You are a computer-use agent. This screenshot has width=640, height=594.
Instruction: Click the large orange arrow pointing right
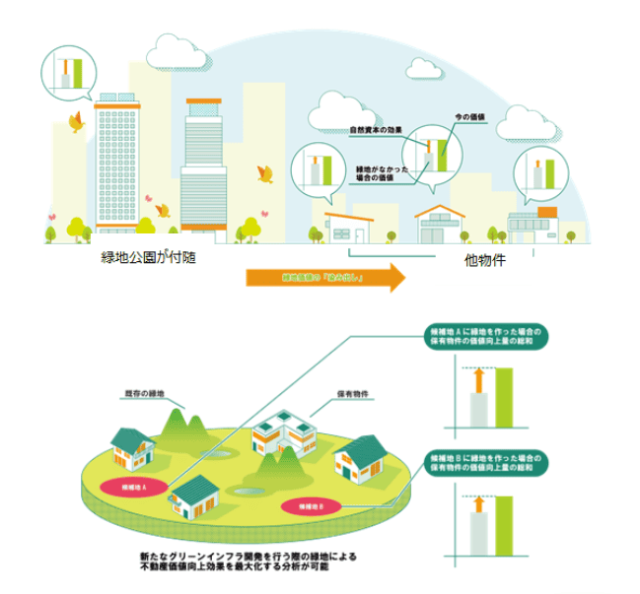click(x=325, y=279)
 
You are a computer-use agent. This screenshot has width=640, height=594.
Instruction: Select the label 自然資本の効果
click(x=377, y=129)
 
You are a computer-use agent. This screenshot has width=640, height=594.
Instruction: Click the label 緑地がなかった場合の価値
click(x=372, y=173)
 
